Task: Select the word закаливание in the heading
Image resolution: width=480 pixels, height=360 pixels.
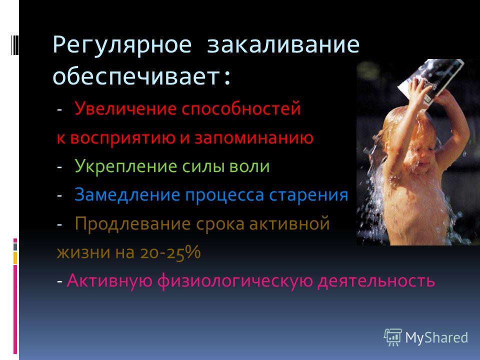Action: (x=283, y=44)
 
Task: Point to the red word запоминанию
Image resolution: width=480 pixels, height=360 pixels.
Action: (x=254, y=138)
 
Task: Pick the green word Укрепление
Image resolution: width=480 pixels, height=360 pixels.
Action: (x=126, y=166)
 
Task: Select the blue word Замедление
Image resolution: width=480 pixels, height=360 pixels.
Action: (x=127, y=195)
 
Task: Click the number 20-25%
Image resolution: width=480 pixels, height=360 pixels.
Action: (x=170, y=252)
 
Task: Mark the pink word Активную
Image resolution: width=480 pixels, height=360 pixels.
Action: (x=109, y=280)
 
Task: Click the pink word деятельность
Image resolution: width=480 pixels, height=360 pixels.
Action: (x=376, y=281)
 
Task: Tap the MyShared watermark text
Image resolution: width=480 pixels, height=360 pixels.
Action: (x=436, y=338)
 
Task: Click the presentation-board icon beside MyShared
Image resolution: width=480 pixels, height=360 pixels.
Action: (x=393, y=337)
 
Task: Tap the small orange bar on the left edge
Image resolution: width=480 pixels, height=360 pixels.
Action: (x=15, y=258)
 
